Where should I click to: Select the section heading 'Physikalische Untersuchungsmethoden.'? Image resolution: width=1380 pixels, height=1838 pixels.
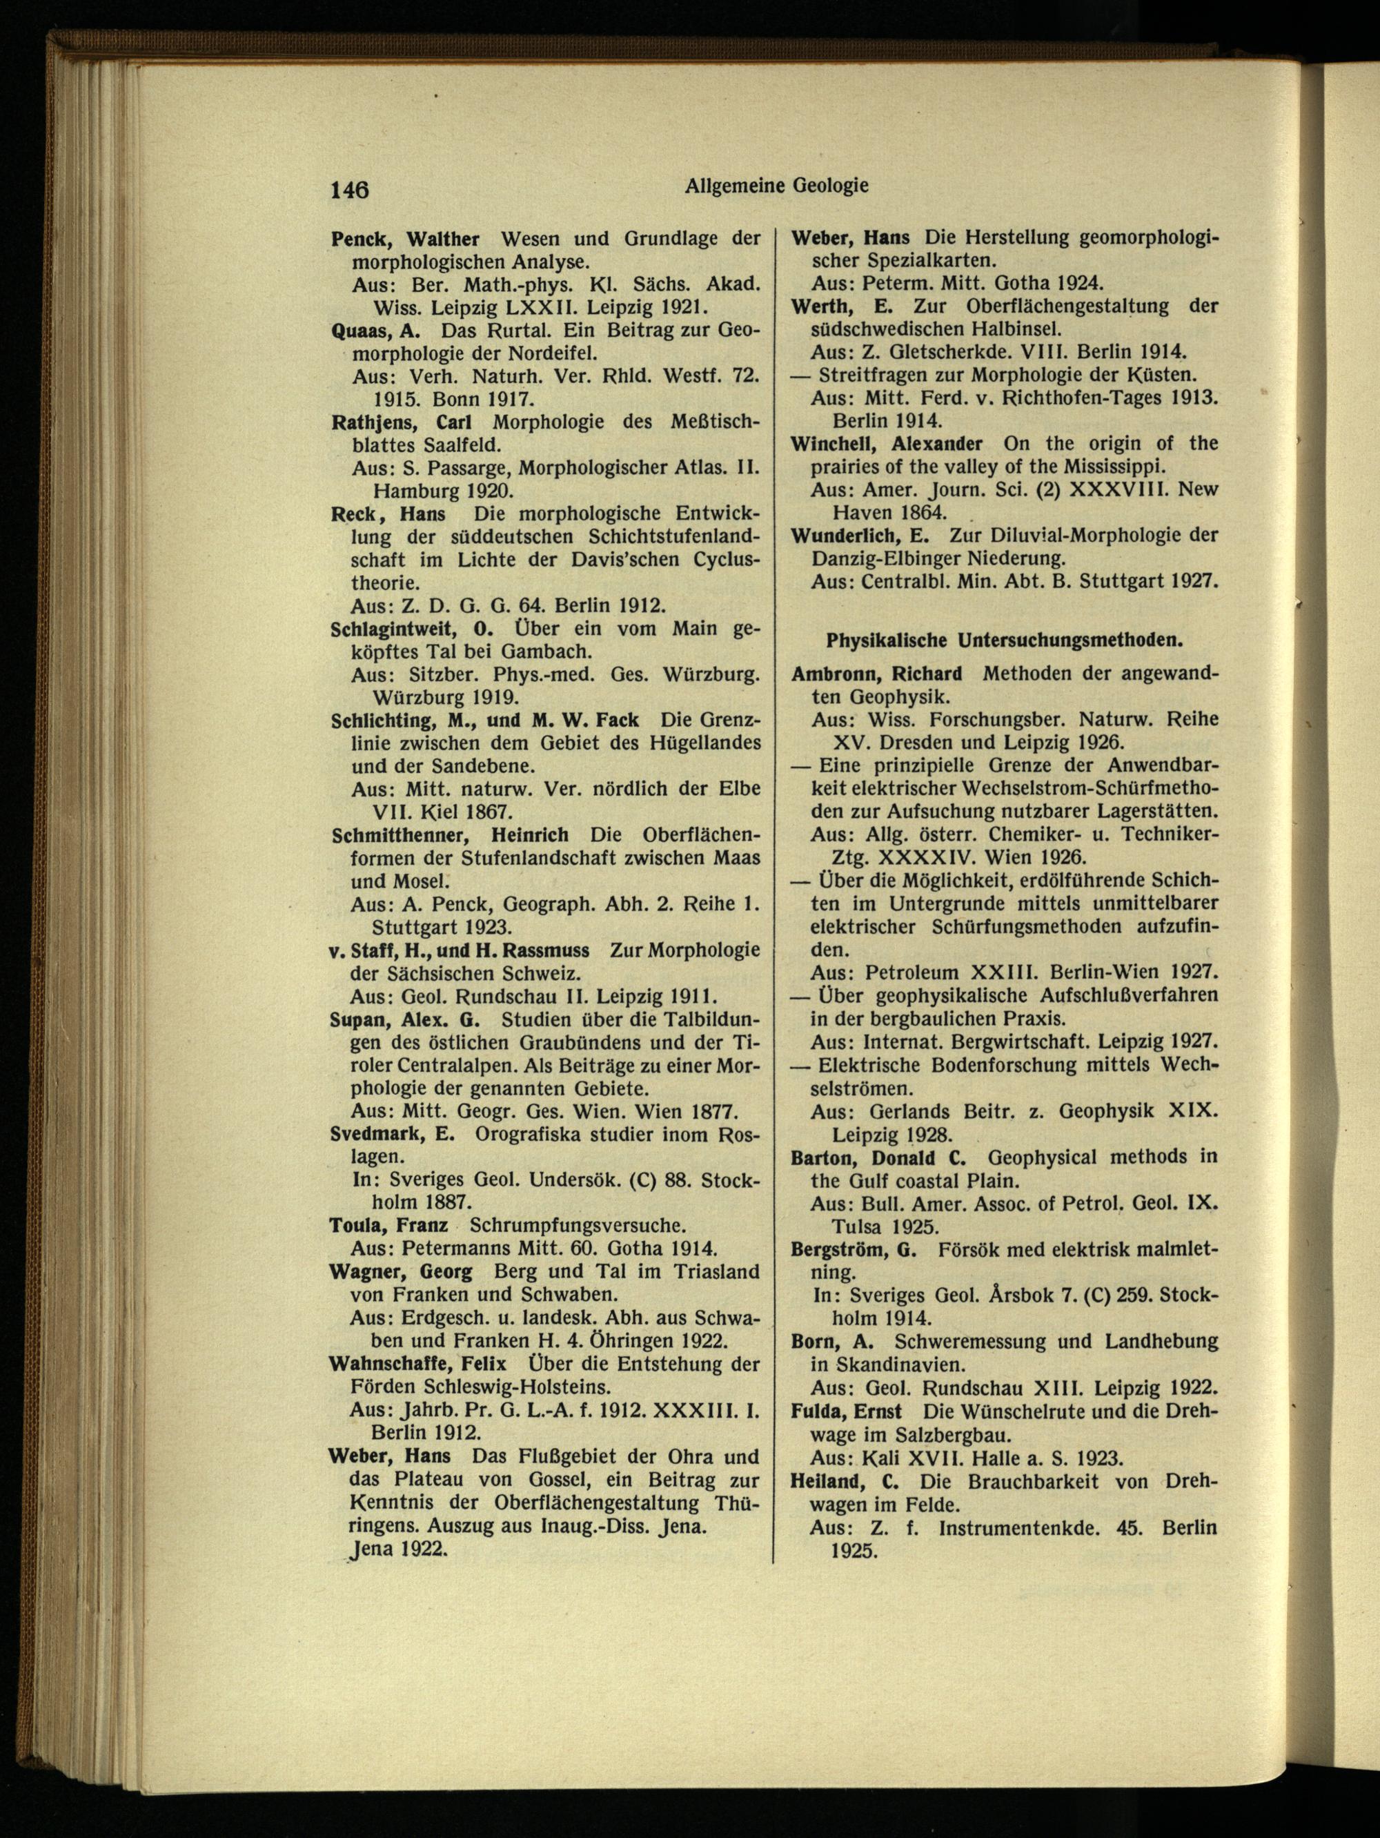pos(1005,641)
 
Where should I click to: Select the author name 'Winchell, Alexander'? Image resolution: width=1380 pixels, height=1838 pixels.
pos(887,443)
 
